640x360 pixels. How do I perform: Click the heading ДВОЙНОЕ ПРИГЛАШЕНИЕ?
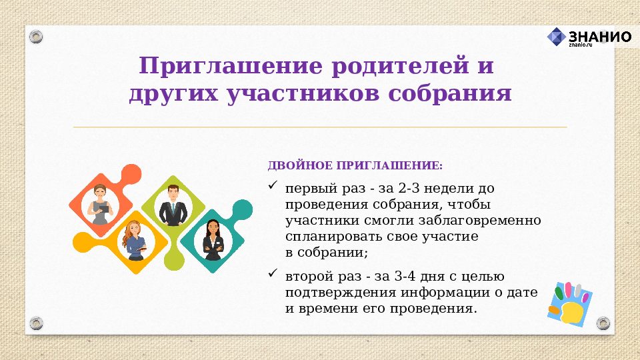click(x=355, y=165)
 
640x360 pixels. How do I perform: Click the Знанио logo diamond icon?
click(x=557, y=37)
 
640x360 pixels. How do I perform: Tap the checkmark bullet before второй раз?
click(x=272, y=273)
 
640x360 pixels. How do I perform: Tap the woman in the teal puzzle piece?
click(x=213, y=240)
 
